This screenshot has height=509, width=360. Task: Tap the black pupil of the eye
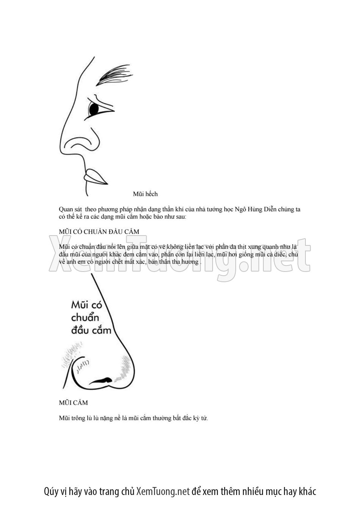(93, 109)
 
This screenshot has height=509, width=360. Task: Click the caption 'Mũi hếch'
(145, 194)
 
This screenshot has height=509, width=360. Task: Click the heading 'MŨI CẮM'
(74, 403)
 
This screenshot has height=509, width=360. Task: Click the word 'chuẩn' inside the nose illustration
(85, 317)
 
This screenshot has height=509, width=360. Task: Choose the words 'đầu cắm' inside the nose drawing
(91, 330)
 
